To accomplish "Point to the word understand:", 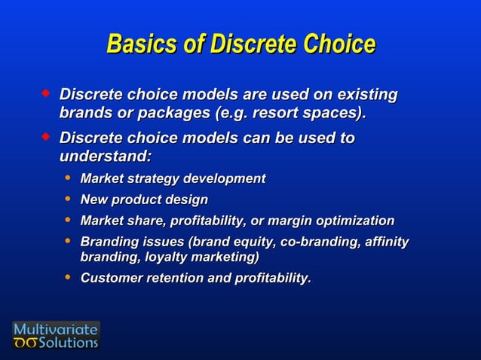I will pyautogui.click(x=105, y=157).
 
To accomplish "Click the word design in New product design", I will pyautogui.click(x=188, y=200).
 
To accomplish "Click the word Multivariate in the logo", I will pyautogui.click(x=56, y=329).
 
